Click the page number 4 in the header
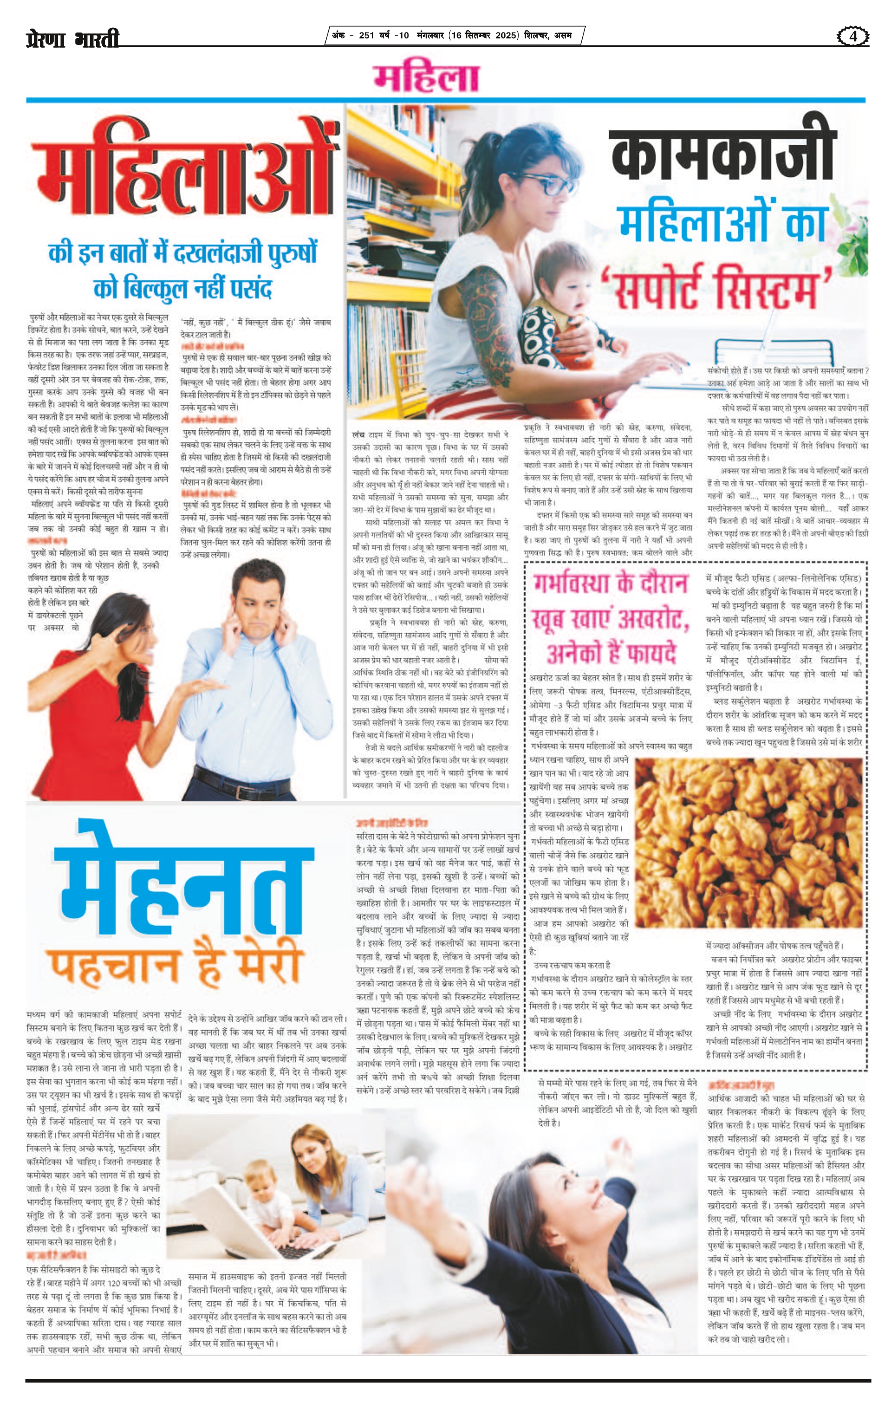pos(853,36)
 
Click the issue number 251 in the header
pos(367,36)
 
